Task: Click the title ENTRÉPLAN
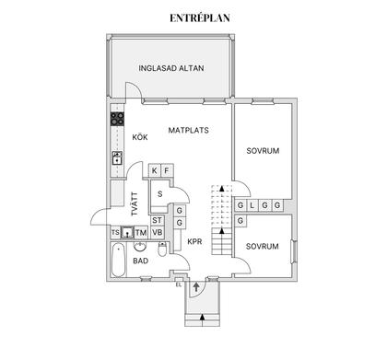click(x=193, y=17)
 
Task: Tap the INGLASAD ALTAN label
click(x=171, y=69)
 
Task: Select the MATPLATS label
click(x=189, y=131)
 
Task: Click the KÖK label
click(x=140, y=137)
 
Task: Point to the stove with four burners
click(x=118, y=118)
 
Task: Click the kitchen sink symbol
click(x=118, y=157)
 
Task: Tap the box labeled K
click(x=154, y=171)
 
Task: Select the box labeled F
click(x=167, y=171)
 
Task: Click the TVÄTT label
click(x=135, y=203)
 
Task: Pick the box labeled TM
click(x=141, y=233)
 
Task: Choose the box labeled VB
click(x=157, y=233)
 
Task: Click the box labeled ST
click(x=157, y=221)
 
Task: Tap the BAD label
click(x=141, y=261)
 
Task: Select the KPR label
click(x=194, y=242)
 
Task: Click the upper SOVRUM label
click(x=263, y=150)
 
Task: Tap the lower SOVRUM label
click(x=263, y=247)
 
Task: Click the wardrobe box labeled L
click(x=252, y=204)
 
